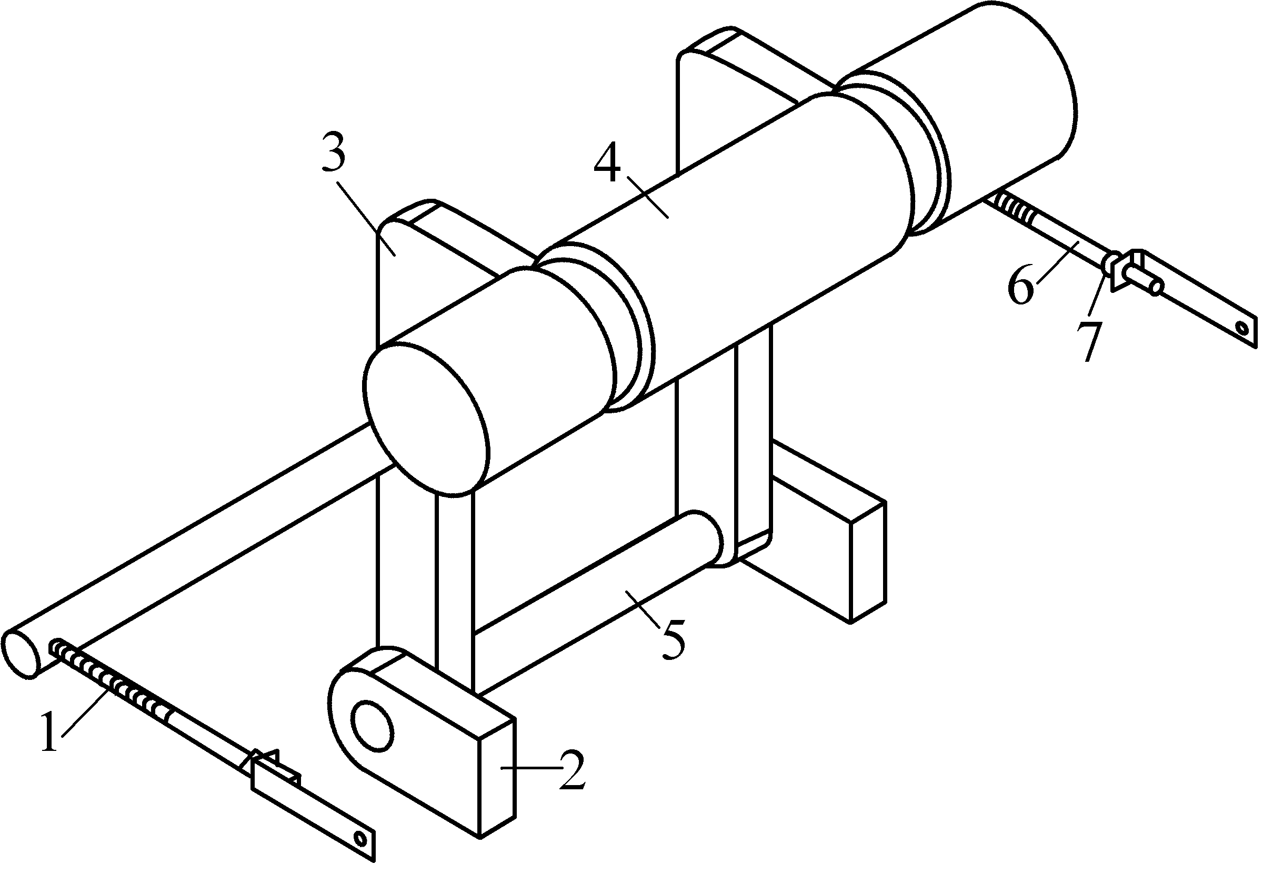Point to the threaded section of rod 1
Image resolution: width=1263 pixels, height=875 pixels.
110,680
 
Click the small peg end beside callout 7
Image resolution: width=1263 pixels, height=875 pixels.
1156,287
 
